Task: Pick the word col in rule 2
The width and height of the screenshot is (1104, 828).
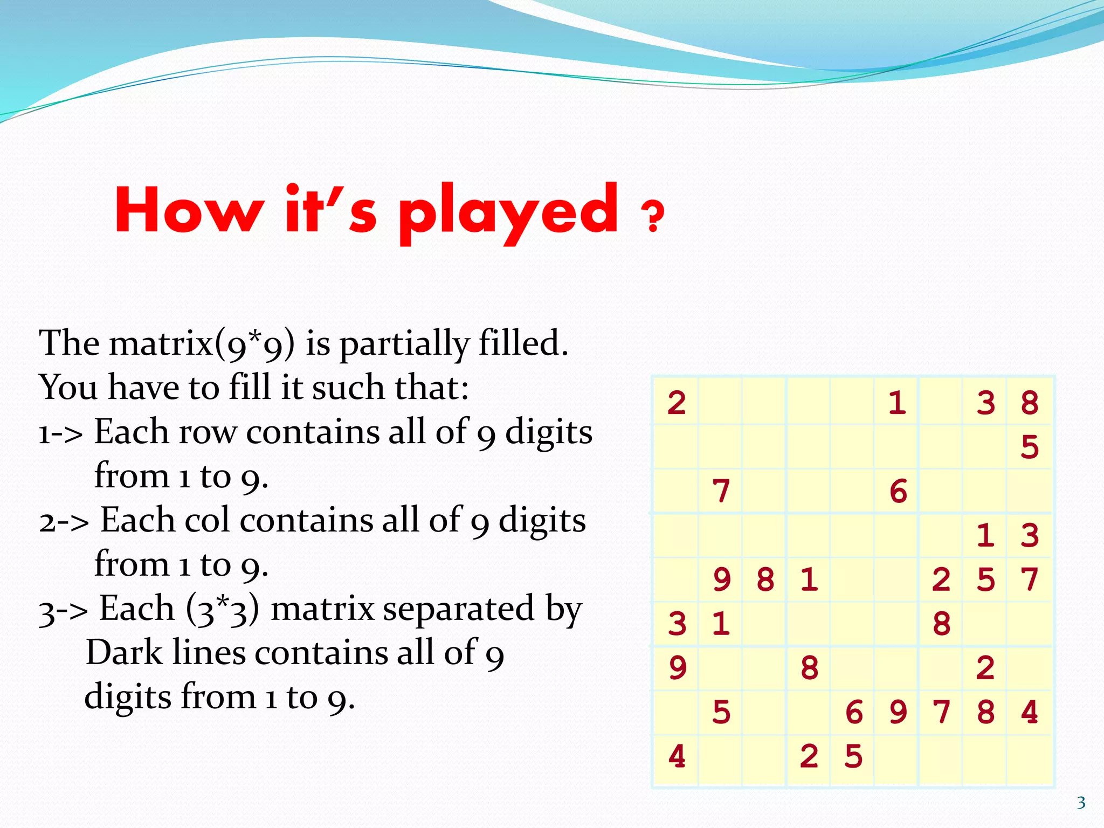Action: [207, 521]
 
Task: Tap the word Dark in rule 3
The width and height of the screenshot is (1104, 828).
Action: [123, 653]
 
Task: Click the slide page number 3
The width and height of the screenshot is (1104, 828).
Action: [1081, 803]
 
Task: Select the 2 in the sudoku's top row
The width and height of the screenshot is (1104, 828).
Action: [677, 403]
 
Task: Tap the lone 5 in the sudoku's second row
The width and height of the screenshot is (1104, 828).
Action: [1030, 447]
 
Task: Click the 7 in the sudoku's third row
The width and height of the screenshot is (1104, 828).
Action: [721, 491]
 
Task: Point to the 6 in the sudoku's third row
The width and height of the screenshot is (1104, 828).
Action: [898, 491]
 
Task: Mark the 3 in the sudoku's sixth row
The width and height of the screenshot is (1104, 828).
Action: [677, 624]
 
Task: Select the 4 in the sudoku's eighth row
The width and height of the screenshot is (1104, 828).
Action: [1030, 712]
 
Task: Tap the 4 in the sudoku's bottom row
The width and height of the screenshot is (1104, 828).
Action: [677, 756]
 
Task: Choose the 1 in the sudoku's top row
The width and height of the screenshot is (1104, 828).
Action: [897, 403]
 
